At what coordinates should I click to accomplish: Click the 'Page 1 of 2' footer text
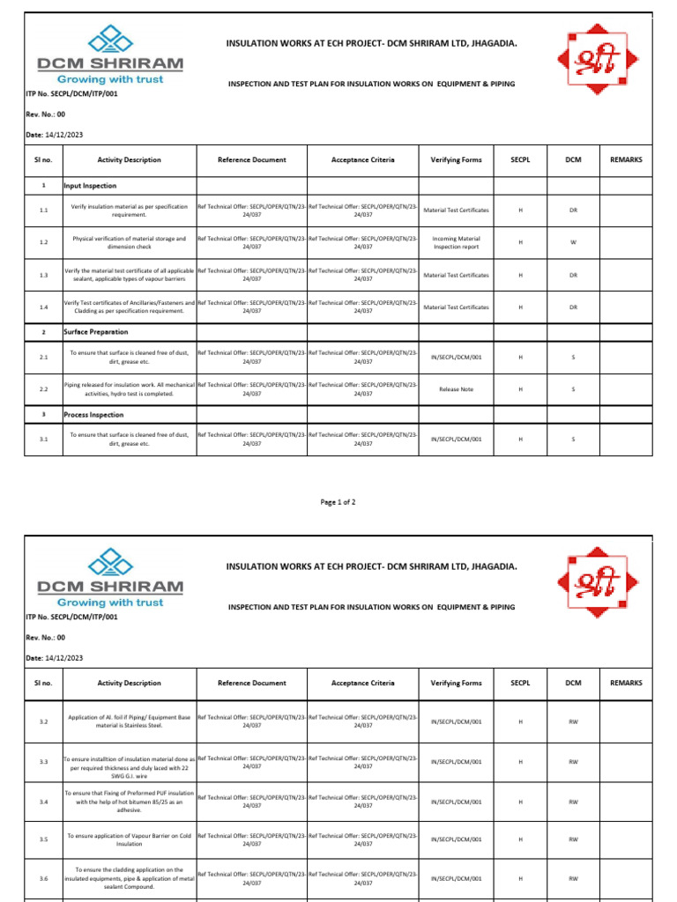click(x=338, y=501)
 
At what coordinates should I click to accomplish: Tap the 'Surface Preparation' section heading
click(x=96, y=332)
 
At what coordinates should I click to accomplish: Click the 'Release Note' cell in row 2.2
click(x=456, y=388)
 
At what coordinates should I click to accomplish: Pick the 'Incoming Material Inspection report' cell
click(x=456, y=242)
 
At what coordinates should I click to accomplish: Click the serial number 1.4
click(x=43, y=307)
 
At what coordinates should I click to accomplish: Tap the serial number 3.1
click(x=43, y=438)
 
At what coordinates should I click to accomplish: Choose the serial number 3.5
click(x=43, y=839)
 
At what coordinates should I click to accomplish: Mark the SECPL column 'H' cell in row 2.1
click(x=521, y=357)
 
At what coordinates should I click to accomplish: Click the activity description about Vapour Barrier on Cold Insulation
click(x=129, y=839)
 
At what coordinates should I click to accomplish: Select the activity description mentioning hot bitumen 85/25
click(x=129, y=802)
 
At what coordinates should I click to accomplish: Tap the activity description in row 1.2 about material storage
click(x=129, y=242)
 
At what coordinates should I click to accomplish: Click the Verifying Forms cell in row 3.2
click(x=456, y=721)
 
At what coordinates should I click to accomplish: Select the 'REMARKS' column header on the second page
click(x=626, y=683)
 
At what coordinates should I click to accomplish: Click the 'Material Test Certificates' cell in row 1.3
click(x=456, y=275)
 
